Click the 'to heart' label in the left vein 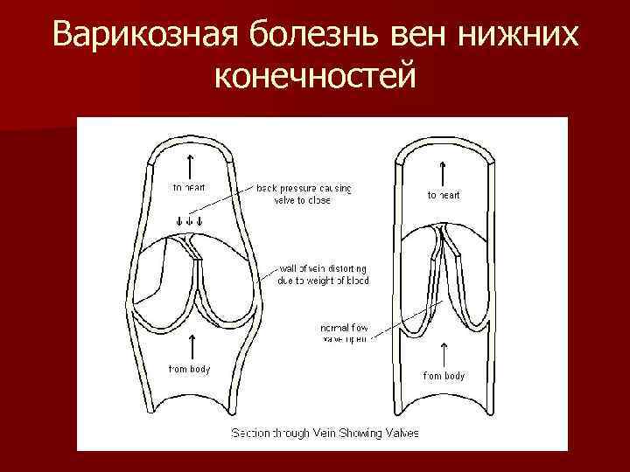[x=189, y=187]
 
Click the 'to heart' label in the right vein [x=444, y=195]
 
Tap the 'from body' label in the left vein [x=189, y=369]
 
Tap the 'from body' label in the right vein [x=444, y=376]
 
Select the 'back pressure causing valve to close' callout [x=304, y=193]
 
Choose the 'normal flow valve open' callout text [x=345, y=333]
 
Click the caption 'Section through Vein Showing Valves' [x=325, y=433]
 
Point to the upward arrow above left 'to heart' [x=189, y=164]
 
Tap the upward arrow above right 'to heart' [x=444, y=171]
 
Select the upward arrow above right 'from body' [x=444, y=353]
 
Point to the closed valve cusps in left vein [x=199, y=280]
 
